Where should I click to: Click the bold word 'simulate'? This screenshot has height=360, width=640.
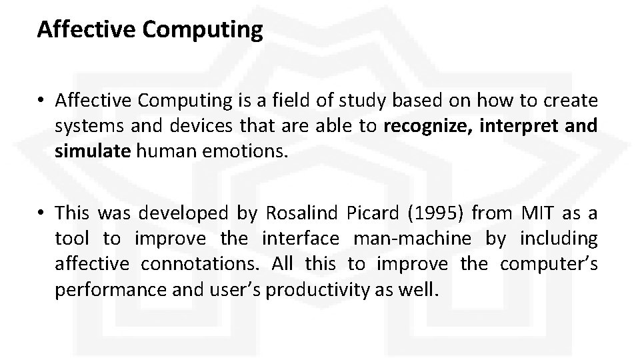pyautogui.click(x=92, y=151)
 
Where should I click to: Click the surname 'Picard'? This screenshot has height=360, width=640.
pyautogui.click(x=373, y=213)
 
